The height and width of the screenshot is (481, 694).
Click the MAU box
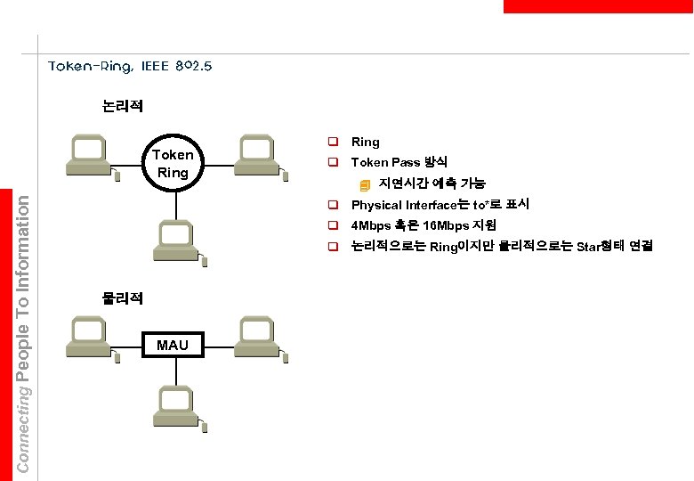(173, 345)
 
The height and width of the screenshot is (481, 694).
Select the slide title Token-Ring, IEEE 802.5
(130, 66)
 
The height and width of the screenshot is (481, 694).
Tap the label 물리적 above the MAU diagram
(122, 298)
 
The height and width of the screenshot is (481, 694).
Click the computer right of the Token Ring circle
(256, 154)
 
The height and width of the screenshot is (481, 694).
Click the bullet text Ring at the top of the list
(366, 143)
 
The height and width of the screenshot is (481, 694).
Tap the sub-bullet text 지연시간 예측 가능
(432, 184)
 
